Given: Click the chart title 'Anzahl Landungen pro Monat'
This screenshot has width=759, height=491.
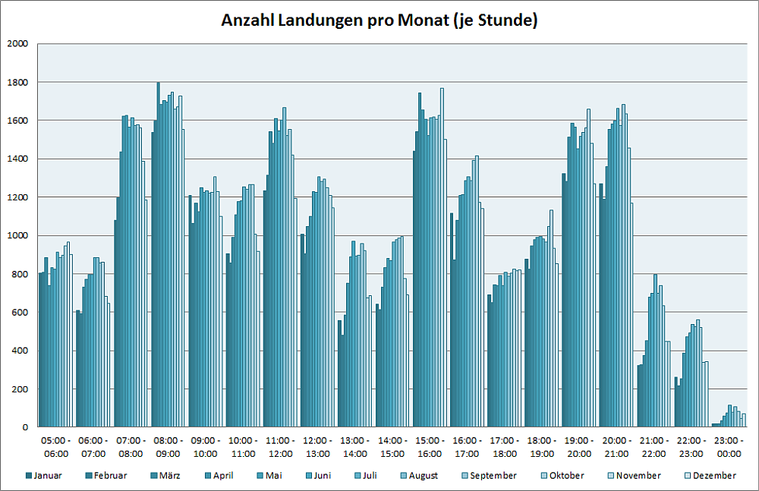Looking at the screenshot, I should [x=379, y=20].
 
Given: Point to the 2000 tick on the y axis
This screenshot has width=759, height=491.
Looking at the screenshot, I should [x=16, y=44].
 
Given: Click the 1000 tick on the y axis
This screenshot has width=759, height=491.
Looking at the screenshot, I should [x=16, y=235].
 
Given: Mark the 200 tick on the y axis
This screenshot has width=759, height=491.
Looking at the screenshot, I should [x=18, y=389].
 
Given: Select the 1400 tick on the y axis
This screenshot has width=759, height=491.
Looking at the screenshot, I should [x=16, y=159].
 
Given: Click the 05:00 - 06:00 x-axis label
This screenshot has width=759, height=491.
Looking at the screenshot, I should [x=56, y=447].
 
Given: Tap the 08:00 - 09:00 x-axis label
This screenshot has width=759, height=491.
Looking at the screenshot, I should [x=168, y=447].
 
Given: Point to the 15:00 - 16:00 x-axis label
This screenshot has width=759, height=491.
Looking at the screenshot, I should [x=430, y=447].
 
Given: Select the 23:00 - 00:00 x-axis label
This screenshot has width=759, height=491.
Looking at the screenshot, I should [x=729, y=447].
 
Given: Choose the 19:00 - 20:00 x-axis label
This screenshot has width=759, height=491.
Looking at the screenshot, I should [x=579, y=447].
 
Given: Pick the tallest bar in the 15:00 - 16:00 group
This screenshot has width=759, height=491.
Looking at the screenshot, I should [x=442, y=258].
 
